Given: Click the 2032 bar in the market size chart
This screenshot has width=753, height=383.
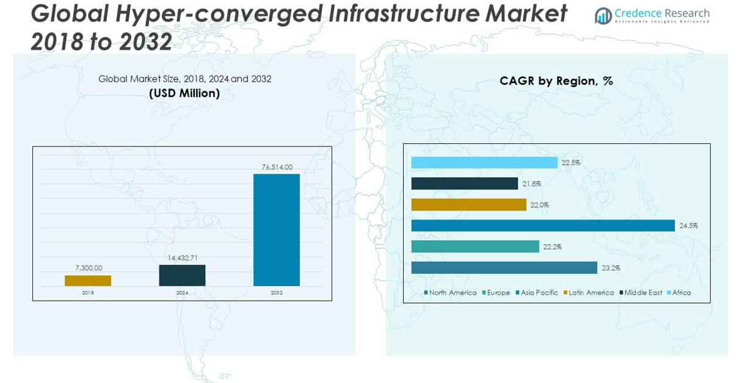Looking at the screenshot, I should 277,230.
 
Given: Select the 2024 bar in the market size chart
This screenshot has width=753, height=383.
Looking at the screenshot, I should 182,275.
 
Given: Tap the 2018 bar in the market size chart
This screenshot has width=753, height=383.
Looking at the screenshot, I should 88,281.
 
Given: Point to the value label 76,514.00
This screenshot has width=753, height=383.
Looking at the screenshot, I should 277,167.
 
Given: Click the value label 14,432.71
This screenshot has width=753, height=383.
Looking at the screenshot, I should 183,258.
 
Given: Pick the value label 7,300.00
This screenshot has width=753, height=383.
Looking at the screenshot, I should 89,268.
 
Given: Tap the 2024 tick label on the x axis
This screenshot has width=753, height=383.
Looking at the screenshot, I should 182,293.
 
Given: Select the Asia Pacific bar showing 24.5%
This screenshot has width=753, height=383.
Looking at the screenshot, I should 543,226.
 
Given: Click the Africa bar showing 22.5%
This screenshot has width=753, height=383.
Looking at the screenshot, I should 484,163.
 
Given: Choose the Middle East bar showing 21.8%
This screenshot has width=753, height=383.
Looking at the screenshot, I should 465,184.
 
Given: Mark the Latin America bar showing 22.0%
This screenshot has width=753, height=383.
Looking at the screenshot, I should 468,205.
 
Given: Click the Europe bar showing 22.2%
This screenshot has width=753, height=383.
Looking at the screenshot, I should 475,246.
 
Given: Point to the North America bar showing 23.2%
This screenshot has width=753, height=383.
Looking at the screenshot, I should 504,268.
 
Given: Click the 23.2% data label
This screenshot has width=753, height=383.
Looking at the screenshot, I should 611,268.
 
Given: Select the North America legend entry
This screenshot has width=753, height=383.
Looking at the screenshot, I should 452,293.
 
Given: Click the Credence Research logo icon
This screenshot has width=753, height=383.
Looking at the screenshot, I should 603,16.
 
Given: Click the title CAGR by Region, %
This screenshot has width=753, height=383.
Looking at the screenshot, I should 556,81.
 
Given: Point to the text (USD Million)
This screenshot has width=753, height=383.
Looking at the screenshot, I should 184,93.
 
